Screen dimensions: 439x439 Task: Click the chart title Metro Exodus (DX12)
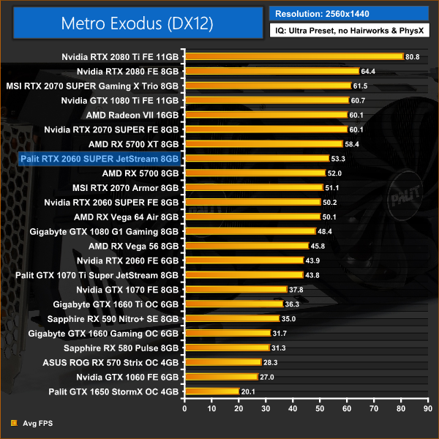[x=134, y=23]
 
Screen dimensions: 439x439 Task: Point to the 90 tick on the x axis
[x=429, y=408]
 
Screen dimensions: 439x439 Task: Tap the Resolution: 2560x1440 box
[x=348, y=13]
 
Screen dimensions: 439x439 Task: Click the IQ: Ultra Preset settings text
[x=348, y=32]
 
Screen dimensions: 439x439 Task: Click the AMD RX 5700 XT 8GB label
[x=133, y=144]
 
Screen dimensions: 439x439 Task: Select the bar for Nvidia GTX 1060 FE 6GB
[x=220, y=377]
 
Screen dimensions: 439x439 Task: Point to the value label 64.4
[x=367, y=71]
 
